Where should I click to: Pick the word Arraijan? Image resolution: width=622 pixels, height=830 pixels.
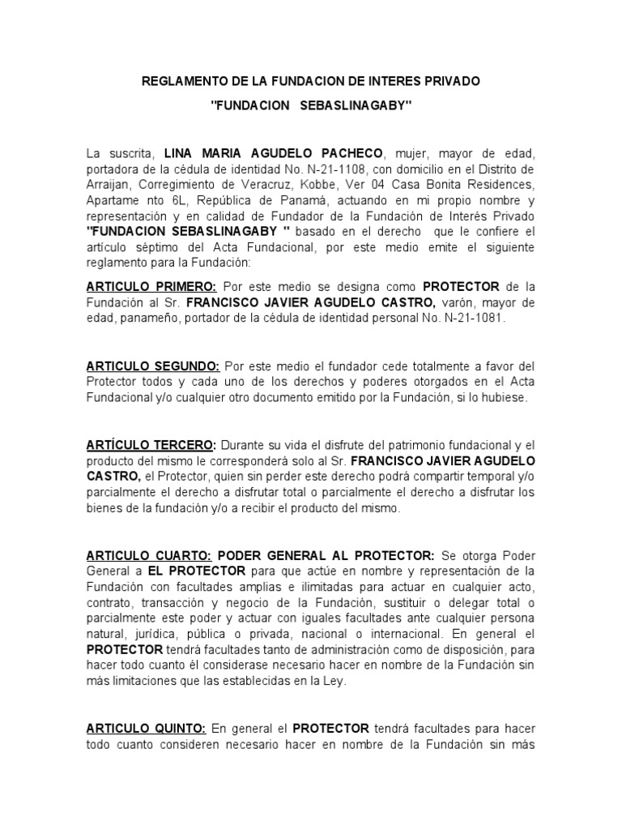coord(111,184)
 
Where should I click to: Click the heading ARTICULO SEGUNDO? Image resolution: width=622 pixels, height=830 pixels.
coord(153,366)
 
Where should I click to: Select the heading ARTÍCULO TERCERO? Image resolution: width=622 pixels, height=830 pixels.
coord(151,445)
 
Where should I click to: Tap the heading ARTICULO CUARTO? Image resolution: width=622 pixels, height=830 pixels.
coord(149,555)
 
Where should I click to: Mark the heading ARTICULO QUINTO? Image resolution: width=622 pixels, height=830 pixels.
coord(147,728)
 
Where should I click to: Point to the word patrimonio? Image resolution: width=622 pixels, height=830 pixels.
coord(399,445)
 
